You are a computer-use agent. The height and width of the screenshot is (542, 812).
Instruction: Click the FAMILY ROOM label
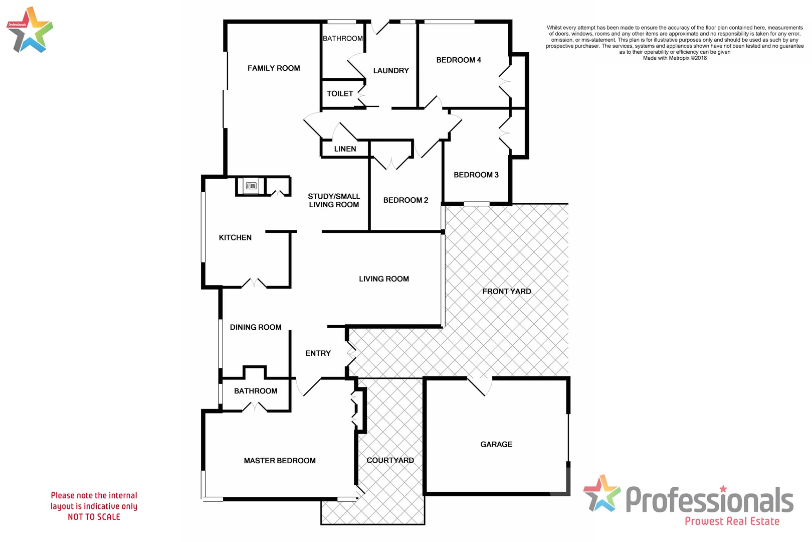click(x=274, y=68)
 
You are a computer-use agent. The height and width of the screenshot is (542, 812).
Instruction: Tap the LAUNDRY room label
click(x=391, y=71)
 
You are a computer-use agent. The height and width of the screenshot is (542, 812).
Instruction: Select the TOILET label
click(x=340, y=94)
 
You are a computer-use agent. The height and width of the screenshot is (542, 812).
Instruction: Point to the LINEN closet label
click(x=345, y=149)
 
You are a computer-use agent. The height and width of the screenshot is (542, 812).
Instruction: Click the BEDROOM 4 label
click(x=459, y=60)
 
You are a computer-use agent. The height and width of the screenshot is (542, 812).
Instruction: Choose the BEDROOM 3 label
click(x=476, y=175)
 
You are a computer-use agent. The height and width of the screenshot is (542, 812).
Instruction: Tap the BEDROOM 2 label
click(x=405, y=200)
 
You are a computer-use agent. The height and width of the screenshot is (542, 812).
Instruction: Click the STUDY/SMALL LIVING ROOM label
click(x=334, y=201)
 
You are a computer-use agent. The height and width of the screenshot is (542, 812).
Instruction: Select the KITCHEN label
click(x=235, y=238)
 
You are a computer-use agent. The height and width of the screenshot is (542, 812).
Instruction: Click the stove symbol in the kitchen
click(x=251, y=186)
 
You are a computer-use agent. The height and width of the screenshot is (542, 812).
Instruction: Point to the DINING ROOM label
click(x=256, y=327)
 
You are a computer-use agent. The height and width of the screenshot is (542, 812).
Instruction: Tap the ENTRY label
click(x=318, y=353)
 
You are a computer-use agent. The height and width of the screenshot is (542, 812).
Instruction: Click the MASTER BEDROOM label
click(x=280, y=461)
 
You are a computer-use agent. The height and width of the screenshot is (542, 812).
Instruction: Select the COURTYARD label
click(x=390, y=460)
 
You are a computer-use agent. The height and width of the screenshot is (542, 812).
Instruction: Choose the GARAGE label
click(x=496, y=444)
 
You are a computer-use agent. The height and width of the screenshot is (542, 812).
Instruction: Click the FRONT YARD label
click(x=506, y=291)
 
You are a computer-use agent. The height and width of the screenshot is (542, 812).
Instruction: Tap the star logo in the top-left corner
click(x=30, y=30)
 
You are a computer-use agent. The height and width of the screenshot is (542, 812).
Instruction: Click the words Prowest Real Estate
click(x=732, y=521)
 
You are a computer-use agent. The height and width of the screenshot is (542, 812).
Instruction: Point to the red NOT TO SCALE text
click(x=94, y=517)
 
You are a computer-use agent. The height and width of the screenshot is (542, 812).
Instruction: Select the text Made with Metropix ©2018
click(x=675, y=58)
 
